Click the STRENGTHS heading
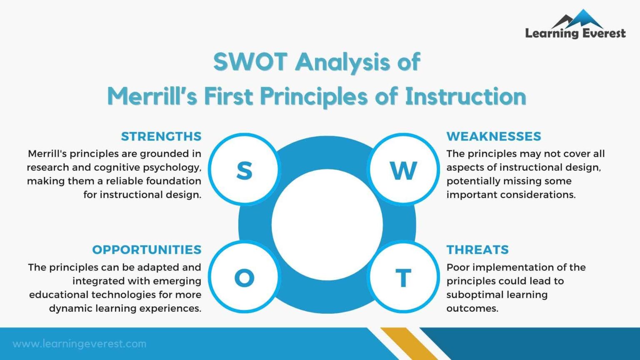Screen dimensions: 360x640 (161, 136)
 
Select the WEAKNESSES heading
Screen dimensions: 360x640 (494, 136)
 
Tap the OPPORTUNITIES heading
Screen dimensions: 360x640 (147, 250)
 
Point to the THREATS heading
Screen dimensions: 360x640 (477, 250)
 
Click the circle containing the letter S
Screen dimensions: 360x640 (244, 170)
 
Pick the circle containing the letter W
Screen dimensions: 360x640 (403, 170)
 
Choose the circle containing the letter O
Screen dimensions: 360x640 (244, 277)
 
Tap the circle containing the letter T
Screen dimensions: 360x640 (403, 277)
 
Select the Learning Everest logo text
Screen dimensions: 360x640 (575, 33)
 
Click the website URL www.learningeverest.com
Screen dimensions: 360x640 (80, 344)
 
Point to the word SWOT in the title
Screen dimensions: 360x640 (250, 62)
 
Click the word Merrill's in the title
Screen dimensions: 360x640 (152, 96)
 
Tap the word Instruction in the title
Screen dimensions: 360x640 (465, 96)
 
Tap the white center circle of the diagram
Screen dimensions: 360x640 (327, 225)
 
